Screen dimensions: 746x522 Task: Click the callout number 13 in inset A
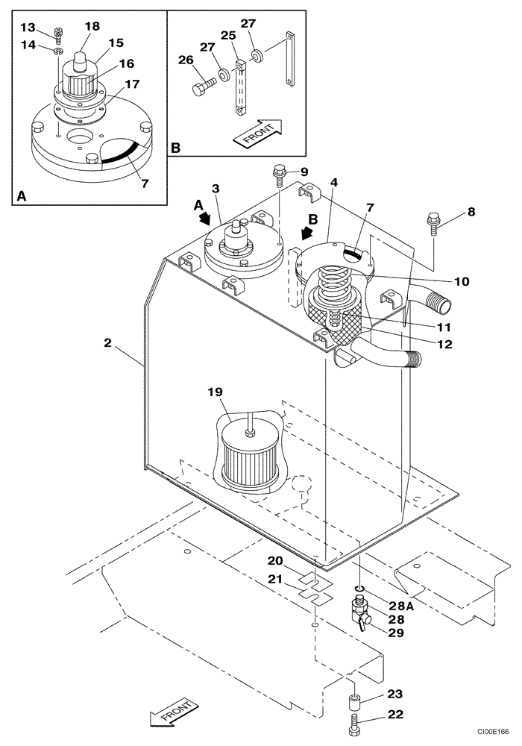click(x=28, y=27)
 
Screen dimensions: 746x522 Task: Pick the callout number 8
click(x=471, y=212)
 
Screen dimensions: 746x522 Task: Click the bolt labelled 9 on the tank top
click(x=279, y=174)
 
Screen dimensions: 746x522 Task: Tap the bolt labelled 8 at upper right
click(x=433, y=222)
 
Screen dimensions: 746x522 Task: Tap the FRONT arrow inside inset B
click(x=258, y=133)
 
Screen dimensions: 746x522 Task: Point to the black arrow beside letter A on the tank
click(x=204, y=219)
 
